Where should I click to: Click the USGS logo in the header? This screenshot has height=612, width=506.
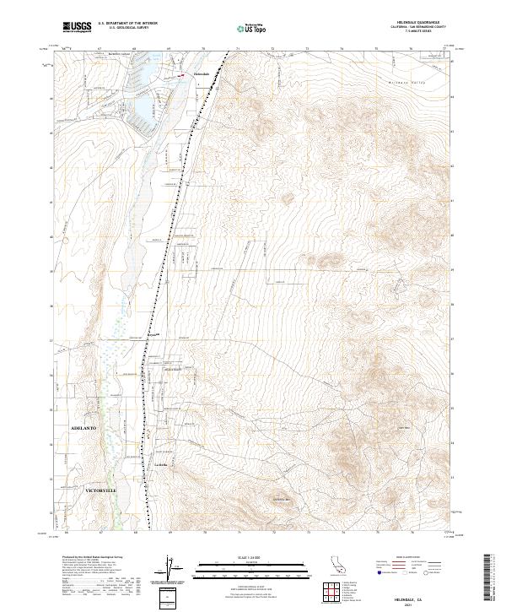[x=77, y=28]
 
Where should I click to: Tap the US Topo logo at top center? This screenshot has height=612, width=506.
[x=255, y=28]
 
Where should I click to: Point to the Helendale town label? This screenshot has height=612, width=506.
[x=202, y=75]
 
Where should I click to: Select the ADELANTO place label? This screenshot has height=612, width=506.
[x=84, y=429]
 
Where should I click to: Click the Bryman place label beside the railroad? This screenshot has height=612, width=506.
[x=153, y=335]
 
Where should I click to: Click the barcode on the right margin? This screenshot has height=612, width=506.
[x=488, y=577]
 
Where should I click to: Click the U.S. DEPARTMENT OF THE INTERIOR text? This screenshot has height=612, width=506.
[x=127, y=23]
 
